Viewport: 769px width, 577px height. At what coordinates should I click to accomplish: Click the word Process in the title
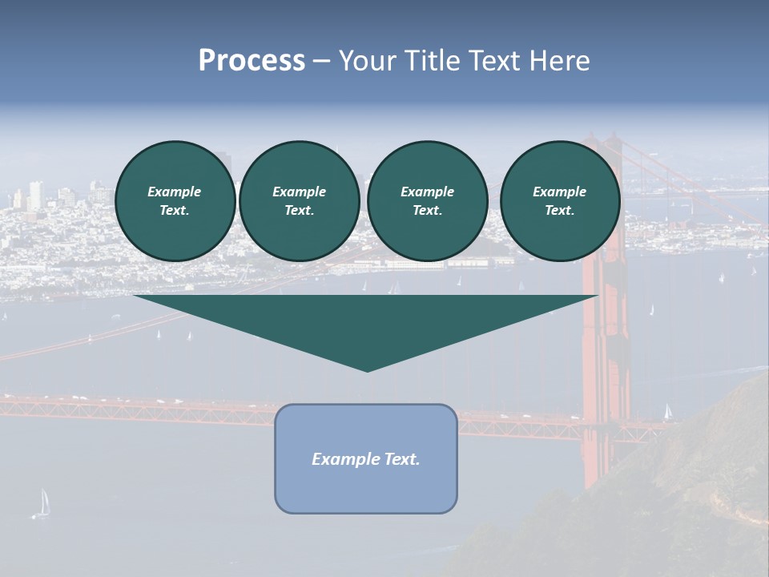252,61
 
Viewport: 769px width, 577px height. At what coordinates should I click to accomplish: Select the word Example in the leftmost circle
175,192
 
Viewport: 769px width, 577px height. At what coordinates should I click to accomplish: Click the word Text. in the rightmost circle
559,211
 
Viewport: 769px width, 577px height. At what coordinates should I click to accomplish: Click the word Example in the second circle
299,192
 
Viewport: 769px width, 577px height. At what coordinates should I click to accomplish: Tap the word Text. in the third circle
427,211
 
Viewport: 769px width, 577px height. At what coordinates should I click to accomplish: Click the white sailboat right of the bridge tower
668,411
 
